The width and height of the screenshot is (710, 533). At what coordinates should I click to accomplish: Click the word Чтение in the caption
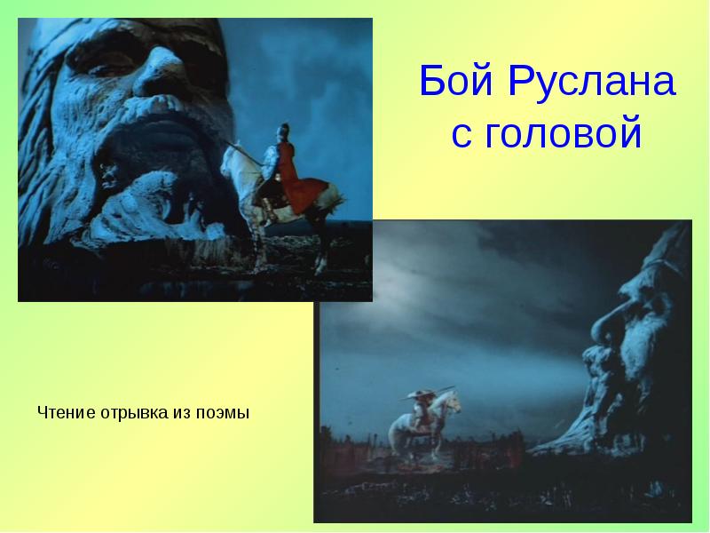tap(67, 412)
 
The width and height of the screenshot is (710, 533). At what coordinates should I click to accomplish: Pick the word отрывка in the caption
tap(132, 412)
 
